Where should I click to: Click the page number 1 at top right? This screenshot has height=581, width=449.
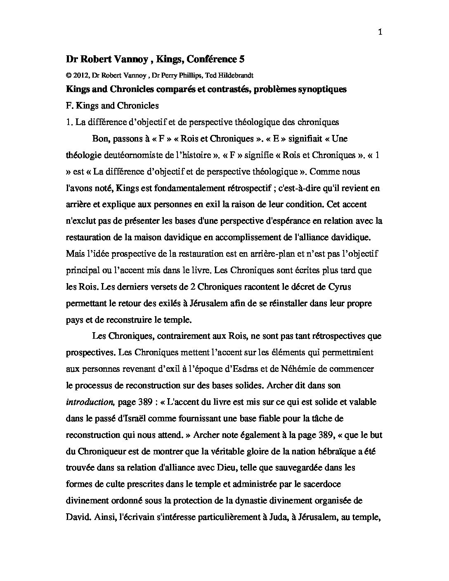pos(380,33)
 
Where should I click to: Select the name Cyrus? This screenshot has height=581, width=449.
pos(340,287)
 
